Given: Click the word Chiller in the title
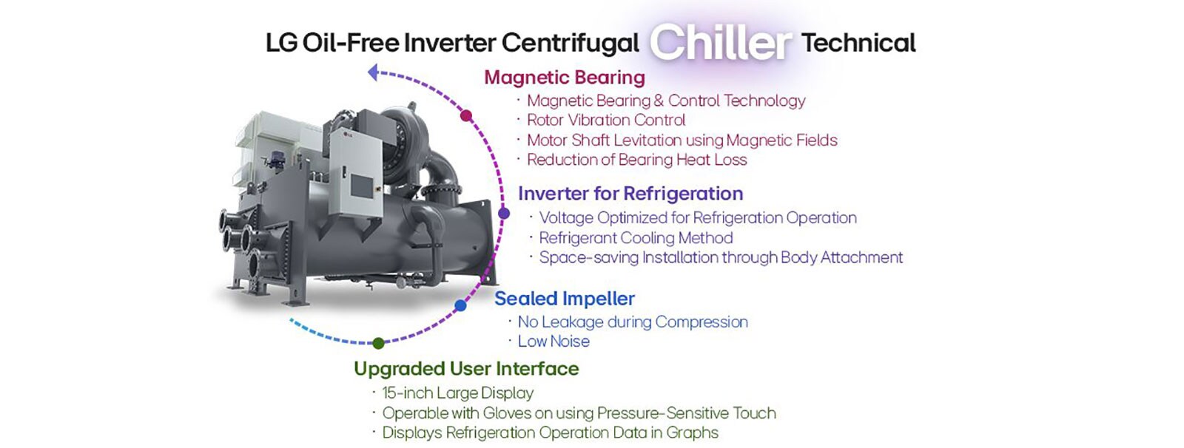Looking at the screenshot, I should tap(720, 43).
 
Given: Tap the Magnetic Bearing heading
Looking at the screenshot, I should tap(565, 78).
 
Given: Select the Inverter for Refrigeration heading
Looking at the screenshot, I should tap(630, 194).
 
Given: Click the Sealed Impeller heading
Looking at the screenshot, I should tap(565, 299).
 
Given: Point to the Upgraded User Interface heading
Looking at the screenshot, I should tap(466, 369).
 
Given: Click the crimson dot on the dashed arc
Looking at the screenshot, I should tap(466, 115).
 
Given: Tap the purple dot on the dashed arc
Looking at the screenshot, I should tap(504, 214).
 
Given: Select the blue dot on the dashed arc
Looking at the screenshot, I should tap(460, 305).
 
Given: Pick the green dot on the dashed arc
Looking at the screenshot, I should tap(378, 343).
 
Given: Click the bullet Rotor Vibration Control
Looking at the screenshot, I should tap(606, 121).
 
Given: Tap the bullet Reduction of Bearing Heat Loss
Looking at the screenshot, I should tap(636, 160).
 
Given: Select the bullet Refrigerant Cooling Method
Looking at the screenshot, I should tap(636, 238).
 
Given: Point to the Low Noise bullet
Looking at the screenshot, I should tap(554, 342).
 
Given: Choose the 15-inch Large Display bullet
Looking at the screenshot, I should tap(457, 393).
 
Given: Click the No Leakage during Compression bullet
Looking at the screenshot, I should tap(633, 322).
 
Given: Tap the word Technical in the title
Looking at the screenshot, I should tap(858, 43).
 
